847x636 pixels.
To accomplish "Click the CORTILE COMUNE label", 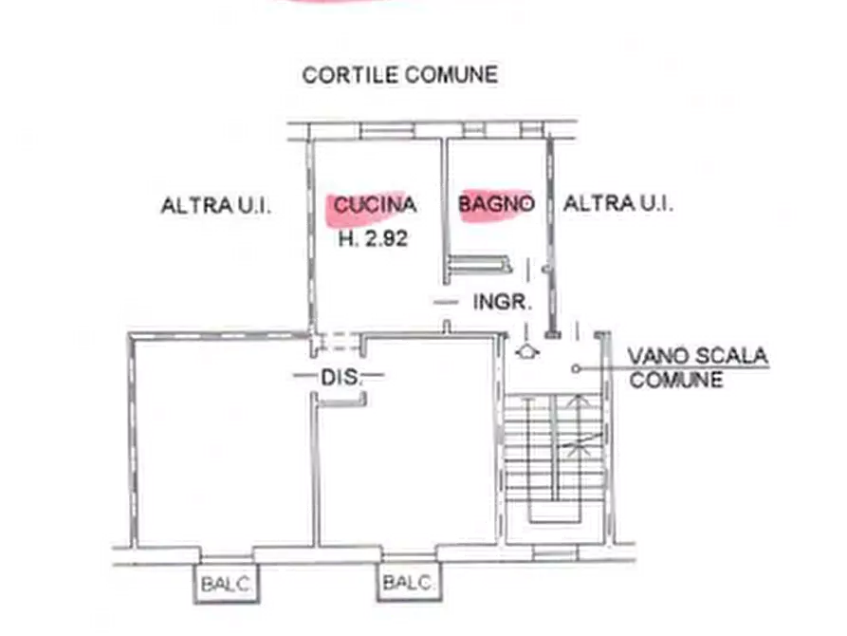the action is click(399, 75).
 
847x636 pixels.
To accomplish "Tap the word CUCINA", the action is click(375, 204).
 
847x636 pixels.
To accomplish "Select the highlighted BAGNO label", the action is click(496, 204).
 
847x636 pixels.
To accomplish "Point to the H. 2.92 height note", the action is click(373, 238).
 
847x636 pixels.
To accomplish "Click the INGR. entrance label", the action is click(503, 302).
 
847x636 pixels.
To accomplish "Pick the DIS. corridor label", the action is click(340, 377).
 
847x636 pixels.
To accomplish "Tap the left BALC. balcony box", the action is click(227, 584).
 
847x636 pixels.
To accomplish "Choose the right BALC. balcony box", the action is click(409, 582).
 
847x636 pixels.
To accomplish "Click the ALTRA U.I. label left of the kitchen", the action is click(216, 206).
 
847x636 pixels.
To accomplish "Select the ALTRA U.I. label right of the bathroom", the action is click(618, 204).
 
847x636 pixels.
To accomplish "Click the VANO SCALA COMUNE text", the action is click(697, 367).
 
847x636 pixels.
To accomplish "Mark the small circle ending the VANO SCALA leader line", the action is click(576, 369).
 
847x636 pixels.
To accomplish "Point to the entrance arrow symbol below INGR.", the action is click(526, 352).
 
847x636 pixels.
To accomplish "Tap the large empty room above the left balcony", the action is click(223, 443).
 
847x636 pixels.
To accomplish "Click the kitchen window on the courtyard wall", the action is click(386, 131).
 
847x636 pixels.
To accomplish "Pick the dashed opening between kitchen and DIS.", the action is click(336, 341).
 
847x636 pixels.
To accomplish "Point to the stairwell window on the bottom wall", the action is click(555, 553).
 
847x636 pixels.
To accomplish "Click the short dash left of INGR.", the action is click(446, 302).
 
